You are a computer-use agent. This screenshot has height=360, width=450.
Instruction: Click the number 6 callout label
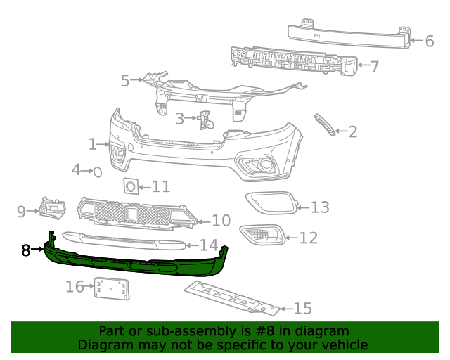pos(429,41)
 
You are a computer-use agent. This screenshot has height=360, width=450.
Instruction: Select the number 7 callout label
pos(374,67)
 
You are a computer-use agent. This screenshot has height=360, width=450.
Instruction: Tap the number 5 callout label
pos(125,81)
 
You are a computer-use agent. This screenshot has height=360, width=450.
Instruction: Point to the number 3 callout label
pos(180,119)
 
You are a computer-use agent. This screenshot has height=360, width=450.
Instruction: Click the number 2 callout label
pos(353,131)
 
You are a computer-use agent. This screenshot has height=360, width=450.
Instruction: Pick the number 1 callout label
pos(92,144)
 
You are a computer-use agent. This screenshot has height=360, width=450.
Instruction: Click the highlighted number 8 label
pos(26,250)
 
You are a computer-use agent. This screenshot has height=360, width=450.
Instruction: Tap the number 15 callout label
pos(302,308)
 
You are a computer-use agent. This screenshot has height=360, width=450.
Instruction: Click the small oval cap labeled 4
pos(98,171)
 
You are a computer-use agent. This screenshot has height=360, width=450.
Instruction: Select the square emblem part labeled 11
pos(130,186)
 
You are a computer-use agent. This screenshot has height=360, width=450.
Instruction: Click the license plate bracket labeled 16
pos(111,288)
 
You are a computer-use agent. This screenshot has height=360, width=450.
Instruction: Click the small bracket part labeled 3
pos(206,120)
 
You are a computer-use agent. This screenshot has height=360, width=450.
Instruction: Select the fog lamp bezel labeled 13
pos(271,202)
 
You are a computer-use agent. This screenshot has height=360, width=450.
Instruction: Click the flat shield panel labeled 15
pos(232,297)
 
